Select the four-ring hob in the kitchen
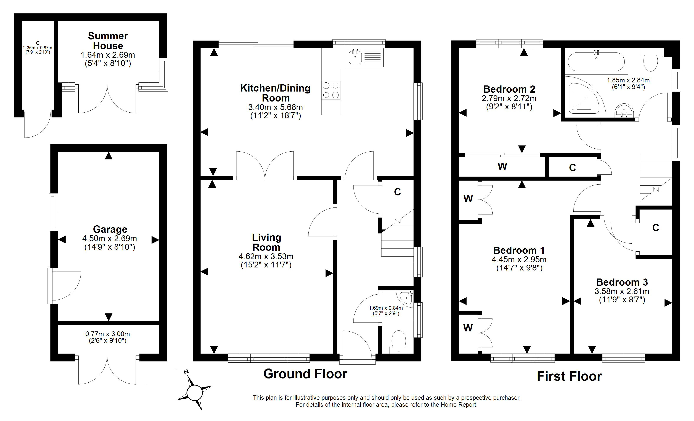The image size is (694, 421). (x=331, y=90)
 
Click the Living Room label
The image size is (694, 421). (x=266, y=242)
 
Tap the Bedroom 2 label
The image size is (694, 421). (x=509, y=89)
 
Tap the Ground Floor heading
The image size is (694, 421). (x=305, y=374)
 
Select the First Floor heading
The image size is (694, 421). (x=569, y=376)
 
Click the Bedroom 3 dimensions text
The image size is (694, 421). (x=622, y=295)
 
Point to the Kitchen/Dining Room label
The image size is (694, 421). (x=276, y=93)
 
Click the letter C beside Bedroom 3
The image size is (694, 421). (x=655, y=228)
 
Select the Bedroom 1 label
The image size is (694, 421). (x=519, y=250)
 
